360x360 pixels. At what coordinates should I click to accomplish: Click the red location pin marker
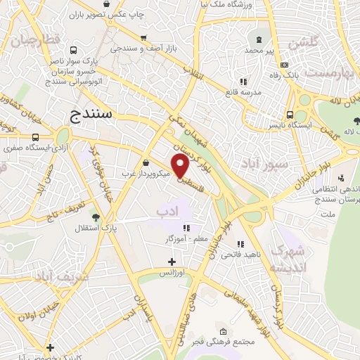coord(181,166)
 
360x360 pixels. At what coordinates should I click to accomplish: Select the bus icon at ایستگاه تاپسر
coord(290,115)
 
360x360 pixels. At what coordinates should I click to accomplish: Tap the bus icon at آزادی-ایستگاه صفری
coord(36,138)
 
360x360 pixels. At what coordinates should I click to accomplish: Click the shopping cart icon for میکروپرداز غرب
coord(145,162)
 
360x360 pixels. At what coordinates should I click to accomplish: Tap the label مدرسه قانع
coord(261,92)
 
